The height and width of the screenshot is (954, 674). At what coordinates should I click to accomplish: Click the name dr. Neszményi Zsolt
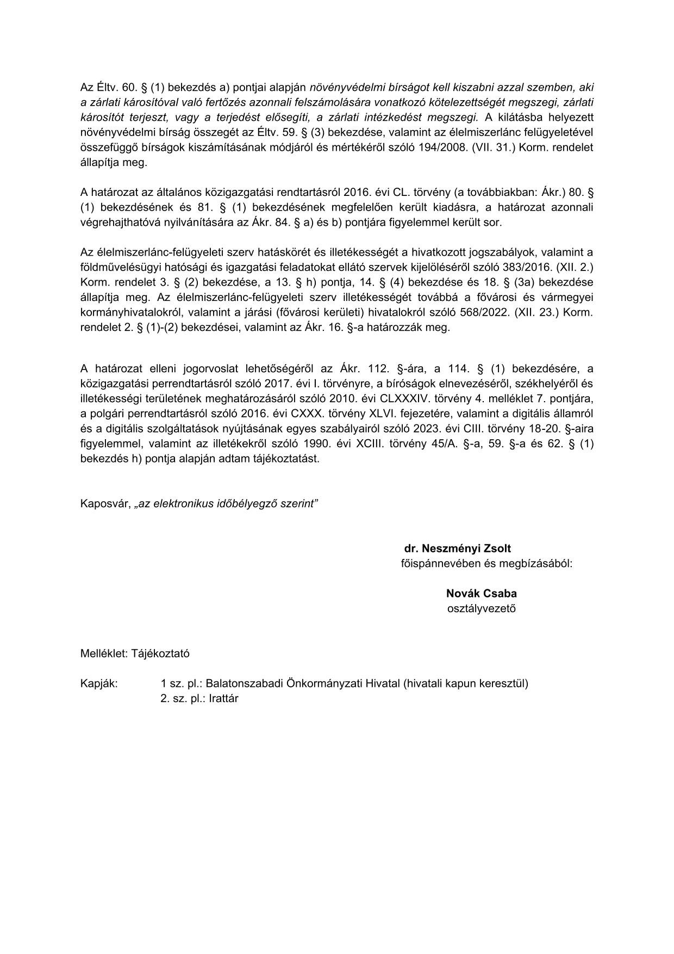pyautogui.click(x=457, y=549)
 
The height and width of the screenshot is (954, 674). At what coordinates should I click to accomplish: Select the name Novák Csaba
pyautogui.click(x=481, y=593)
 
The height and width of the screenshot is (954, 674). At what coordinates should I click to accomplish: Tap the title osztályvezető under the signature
pyautogui.click(x=481, y=608)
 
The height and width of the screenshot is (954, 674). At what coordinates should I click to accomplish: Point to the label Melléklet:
pyautogui.click(x=104, y=654)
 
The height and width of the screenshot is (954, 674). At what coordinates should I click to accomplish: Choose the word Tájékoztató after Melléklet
pyautogui.click(x=160, y=654)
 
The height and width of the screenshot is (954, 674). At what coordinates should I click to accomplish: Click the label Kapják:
pyautogui.click(x=99, y=684)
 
